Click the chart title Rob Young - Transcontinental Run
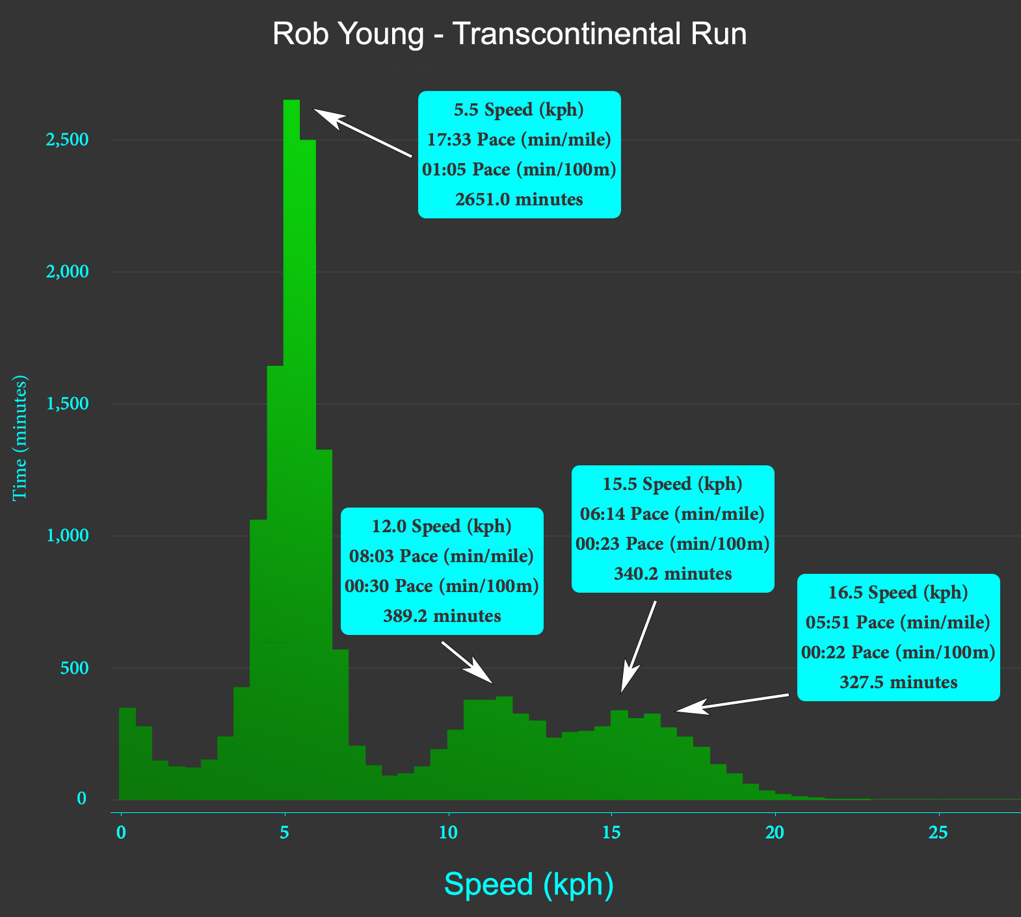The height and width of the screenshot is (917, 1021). point(509,34)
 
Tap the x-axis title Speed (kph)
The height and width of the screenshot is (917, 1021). point(529,885)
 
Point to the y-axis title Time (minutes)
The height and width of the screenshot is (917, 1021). point(21,437)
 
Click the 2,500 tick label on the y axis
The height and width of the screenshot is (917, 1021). point(66,140)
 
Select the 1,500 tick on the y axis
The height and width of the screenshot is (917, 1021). point(66,404)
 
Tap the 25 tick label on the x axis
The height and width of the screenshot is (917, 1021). point(938,833)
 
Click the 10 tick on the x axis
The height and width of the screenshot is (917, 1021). point(448,833)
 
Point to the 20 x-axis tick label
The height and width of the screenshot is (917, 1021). point(775,833)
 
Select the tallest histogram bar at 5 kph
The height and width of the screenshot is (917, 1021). point(291,455)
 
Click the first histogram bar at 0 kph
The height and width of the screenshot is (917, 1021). point(127,754)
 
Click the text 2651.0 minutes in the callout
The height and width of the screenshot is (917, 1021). point(519,199)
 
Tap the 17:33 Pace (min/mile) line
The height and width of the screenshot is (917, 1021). point(519,139)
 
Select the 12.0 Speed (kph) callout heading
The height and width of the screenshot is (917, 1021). point(442,526)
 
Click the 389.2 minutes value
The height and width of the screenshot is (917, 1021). point(442,615)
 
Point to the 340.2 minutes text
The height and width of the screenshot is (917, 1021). point(672,574)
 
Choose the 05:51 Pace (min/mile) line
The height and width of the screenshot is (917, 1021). point(898,623)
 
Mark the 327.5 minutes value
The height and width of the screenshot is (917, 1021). point(898,682)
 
